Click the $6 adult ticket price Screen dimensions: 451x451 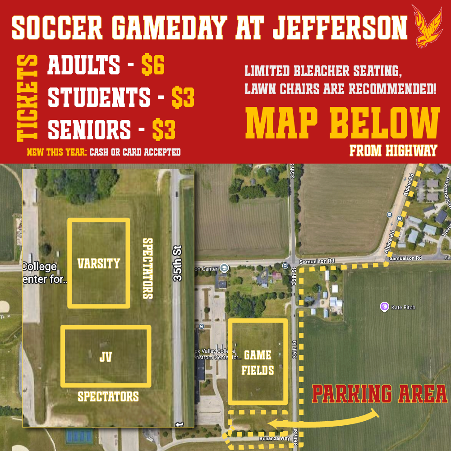click(153, 66)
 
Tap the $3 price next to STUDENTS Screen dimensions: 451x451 click(183, 97)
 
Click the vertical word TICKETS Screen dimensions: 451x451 click(28, 98)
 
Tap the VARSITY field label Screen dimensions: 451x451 click(99, 263)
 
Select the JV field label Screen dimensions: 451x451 click(105, 357)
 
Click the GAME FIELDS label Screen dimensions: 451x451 click(258, 363)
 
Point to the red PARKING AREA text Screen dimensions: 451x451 click(379, 394)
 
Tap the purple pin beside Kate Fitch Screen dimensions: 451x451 click(384, 307)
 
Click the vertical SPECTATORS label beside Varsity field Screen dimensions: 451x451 click(147, 268)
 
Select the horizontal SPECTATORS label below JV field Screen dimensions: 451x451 click(108, 396)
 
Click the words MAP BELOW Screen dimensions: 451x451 click(342, 124)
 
